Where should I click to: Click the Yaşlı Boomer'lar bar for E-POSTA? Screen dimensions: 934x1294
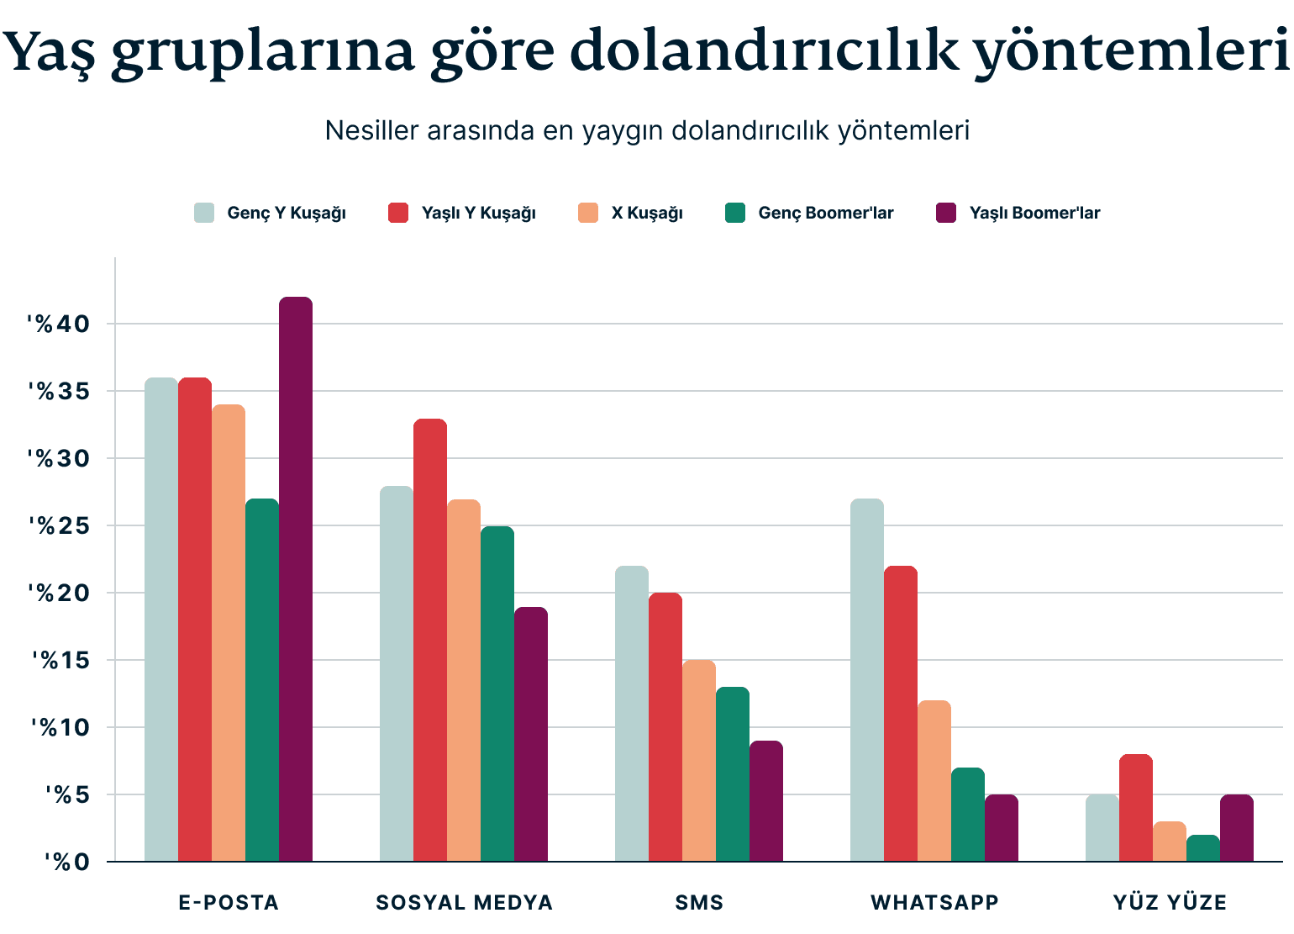click(x=295, y=579)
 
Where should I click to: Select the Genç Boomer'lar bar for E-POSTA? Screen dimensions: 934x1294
click(x=261, y=680)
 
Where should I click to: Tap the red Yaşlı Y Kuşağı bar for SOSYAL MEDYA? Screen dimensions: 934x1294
click(x=429, y=640)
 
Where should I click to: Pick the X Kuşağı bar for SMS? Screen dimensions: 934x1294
click(x=698, y=761)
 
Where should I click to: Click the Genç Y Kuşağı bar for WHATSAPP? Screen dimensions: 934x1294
click(x=866, y=680)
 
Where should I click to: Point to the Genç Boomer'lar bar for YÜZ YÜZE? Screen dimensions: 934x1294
click(x=1202, y=848)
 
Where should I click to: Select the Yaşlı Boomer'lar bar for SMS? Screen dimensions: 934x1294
click(x=765, y=801)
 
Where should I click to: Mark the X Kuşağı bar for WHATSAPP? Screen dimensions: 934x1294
click(x=934, y=781)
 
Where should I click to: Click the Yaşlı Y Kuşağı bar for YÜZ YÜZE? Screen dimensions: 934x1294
click(x=1135, y=808)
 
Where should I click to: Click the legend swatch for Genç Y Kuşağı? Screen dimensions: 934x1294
click(x=204, y=213)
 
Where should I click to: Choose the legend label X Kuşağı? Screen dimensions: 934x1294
click(x=647, y=213)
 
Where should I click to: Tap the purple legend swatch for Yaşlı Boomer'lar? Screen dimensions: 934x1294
click(x=946, y=213)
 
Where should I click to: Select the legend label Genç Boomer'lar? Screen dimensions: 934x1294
click(x=825, y=213)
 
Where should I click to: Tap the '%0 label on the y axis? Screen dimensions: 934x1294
click(x=62, y=862)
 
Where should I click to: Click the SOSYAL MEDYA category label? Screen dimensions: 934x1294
click(x=464, y=903)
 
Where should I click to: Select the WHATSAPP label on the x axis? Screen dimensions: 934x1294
click(x=934, y=903)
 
